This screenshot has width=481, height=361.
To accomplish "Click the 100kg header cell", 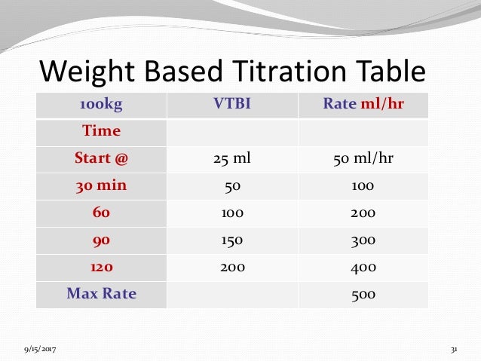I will tap(101, 104).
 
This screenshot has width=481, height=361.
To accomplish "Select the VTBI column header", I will tap(232, 104).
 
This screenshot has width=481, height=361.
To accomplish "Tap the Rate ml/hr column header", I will tap(363, 104).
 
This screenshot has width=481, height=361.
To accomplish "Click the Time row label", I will tap(101, 131).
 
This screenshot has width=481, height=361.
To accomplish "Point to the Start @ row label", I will tap(101, 158).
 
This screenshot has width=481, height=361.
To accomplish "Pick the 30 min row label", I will tap(101, 185).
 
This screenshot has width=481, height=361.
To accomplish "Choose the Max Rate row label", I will tap(101, 294).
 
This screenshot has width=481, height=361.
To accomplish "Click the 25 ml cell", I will tap(232, 159).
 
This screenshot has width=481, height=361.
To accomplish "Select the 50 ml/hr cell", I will tap(363, 159).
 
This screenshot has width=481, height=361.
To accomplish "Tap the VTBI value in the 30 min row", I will tap(232, 186).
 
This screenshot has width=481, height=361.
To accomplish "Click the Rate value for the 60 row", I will tap(363, 213).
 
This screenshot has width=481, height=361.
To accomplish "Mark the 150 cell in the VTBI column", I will tap(232, 240).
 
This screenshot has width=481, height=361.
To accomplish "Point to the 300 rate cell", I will tap(363, 240).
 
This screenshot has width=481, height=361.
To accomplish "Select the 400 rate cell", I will tap(363, 268).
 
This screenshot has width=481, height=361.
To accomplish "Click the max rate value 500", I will tap(363, 295).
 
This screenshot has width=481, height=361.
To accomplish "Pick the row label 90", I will tap(101, 240).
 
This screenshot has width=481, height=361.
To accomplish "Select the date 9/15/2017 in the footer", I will tap(39, 350).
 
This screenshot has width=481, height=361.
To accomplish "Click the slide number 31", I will tap(454, 350).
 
